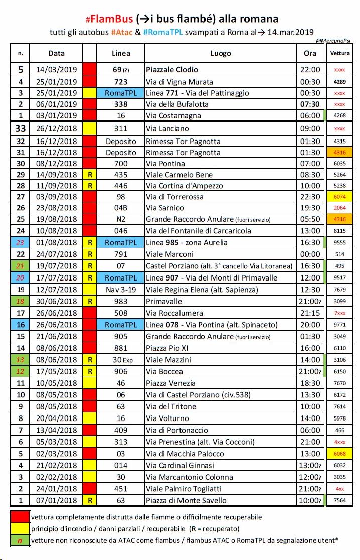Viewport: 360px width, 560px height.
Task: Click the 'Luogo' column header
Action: pos(220,53)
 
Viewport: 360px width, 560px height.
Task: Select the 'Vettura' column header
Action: pos(340,53)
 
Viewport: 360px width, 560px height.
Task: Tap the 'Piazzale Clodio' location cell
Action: pos(171,70)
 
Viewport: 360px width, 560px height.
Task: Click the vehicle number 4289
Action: pos(340,81)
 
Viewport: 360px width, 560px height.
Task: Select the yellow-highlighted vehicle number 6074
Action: pos(340,196)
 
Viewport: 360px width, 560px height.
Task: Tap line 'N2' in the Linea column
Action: pos(121,219)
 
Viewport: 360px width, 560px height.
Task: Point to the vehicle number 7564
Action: pos(340,500)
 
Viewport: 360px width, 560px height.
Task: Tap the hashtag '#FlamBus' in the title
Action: pos(110,19)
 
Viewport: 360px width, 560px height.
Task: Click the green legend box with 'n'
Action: pos(20,540)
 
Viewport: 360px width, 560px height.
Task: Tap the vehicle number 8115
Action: pos(340,231)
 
